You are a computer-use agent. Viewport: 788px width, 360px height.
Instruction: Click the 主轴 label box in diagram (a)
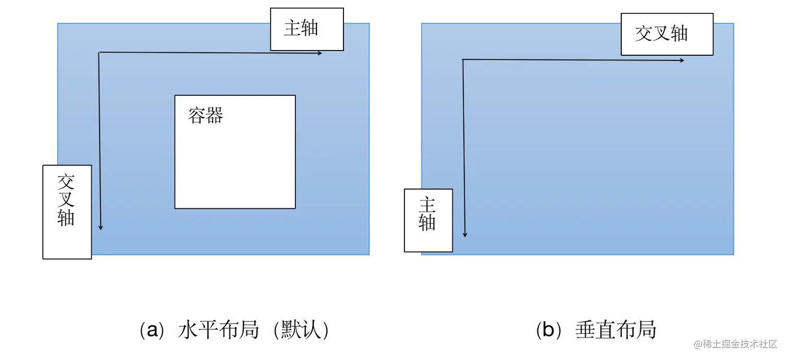click(306, 29)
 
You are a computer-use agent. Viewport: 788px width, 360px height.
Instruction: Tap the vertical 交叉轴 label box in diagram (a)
click(67, 212)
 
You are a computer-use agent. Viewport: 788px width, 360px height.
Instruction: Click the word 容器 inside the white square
click(206, 116)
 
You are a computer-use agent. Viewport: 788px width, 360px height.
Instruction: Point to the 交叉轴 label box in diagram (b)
click(667, 34)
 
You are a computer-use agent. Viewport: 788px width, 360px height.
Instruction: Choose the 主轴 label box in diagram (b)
click(428, 220)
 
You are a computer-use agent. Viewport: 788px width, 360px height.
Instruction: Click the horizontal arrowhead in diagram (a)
click(319, 53)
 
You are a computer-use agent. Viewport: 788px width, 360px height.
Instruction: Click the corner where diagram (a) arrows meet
click(99, 53)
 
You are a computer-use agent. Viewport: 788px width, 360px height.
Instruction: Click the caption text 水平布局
click(218, 330)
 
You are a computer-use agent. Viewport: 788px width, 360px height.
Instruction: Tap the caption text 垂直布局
click(615, 330)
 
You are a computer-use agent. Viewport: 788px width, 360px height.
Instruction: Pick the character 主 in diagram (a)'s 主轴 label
click(292, 28)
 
